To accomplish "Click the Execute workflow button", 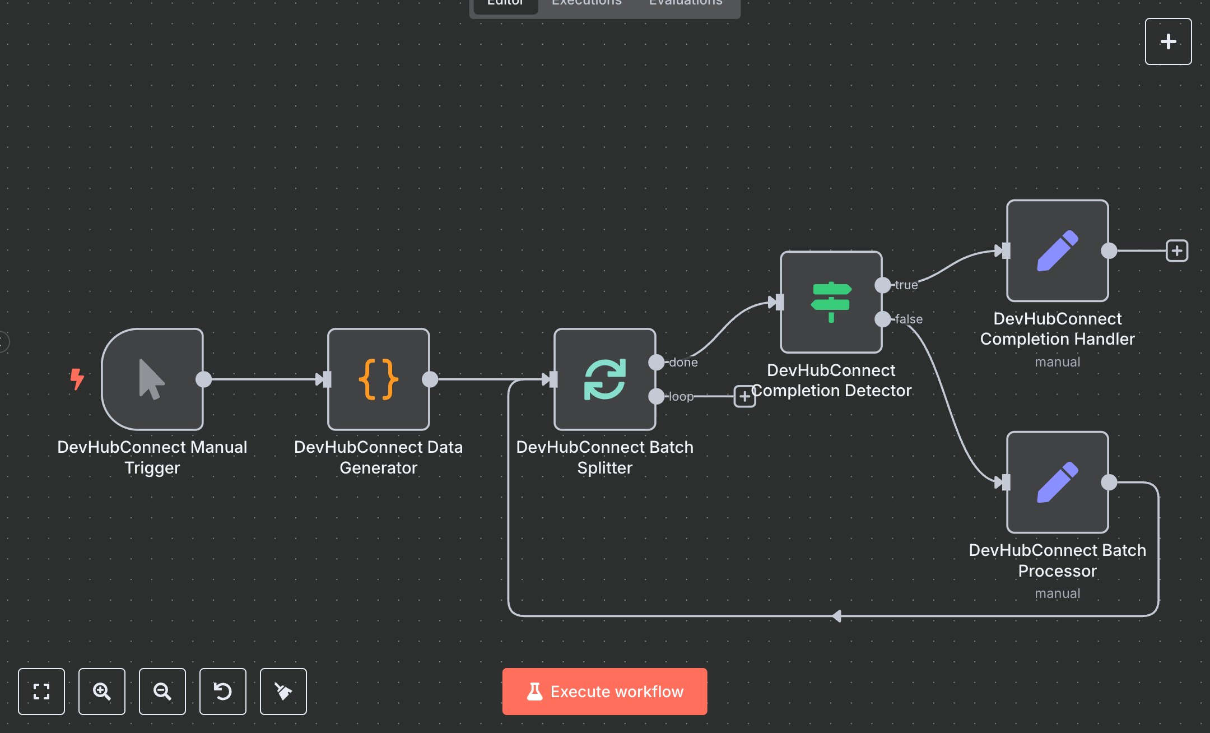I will point(604,691).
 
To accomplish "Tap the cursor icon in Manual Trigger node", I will point(151,379).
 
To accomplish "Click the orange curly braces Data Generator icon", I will point(379,379).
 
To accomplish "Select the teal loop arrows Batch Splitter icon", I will point(604,379).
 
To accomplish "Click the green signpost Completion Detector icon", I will point(831,302).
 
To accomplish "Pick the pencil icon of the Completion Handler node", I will point(1057,250).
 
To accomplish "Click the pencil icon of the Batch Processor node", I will point(1057,482).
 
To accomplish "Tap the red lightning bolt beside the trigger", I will point(77,379).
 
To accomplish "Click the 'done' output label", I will point(683,363).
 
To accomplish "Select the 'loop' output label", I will point(681,397).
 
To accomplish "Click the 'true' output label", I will point(906,285).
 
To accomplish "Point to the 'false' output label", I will point(908,319).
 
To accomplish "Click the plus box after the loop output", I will point(744,397).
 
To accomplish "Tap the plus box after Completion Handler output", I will point(1177,250).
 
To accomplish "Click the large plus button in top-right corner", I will point(1168,41).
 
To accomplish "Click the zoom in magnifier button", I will point(102,691).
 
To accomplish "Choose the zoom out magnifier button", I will point(162,691).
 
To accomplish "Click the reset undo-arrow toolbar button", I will point(223,691).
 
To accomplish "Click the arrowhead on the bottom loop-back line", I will point(836,616).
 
